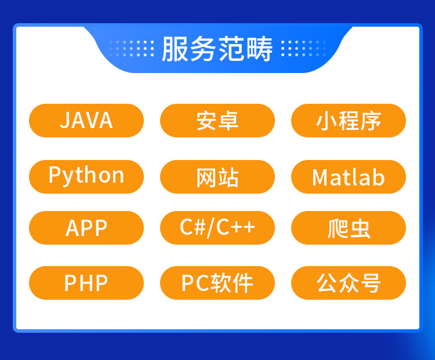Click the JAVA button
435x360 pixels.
tap(86, 121)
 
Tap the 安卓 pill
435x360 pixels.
tap(217, 121)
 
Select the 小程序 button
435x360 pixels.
tap(349, 121)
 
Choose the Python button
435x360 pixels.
tap(86, 177)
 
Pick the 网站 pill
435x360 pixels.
tap(217, 177)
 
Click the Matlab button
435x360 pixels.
tap(349, 177)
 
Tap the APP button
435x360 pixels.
tap(86, 228)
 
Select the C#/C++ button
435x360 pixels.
tap(217, 228)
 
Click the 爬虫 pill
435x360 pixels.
tap(349, 228)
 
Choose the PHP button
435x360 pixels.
tap(86, 283)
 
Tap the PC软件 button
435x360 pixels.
tap(217, 283)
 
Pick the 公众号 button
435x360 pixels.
tap(349, 283)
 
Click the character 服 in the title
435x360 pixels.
tap(175, 49)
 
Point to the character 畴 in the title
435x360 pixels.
tap(259, 49)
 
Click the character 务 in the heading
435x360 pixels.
tap(204, 49)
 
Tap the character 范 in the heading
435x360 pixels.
tap(231, 49)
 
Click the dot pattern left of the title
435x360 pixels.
tap(131, 49)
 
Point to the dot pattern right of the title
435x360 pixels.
tap(303, 49)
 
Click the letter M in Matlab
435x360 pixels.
tap(319, 177)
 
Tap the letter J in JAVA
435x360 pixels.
tap(64, 121)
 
